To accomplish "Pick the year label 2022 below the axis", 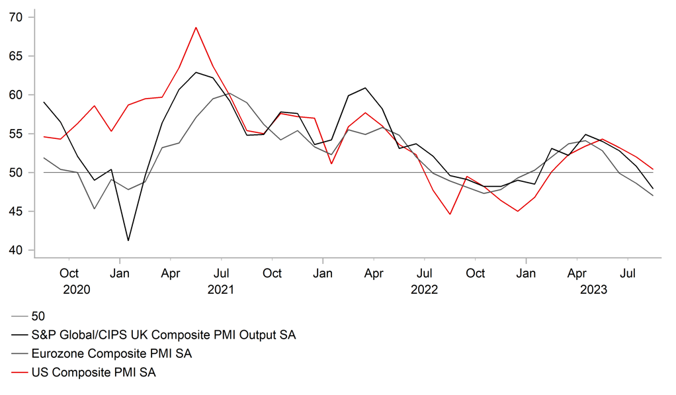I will pyautogui.click(x=424, y=289).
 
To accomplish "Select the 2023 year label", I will pyautogui.click(x=593, y=289).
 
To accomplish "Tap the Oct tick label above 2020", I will pyautogui.click(x=69, y=273).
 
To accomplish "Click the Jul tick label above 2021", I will pyautogui.click(x=222, y=273).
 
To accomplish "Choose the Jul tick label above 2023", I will pyautogui.click(x=628, y=273).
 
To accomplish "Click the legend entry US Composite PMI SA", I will pyautogui.click(x=93, y=373).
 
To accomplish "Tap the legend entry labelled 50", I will pyautogui.click(x=38, y=316).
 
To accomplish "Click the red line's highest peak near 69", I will pyautogui.click(x=196, y=28).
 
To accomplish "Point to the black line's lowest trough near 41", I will pyautogui.click(x=128, y=240).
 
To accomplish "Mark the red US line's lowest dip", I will pyautogui.click(x=450, y=214).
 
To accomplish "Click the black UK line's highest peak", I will pyautogui.click(x=196, y=72).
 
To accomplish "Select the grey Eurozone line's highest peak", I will pyautogui.click(x=230, y=93).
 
